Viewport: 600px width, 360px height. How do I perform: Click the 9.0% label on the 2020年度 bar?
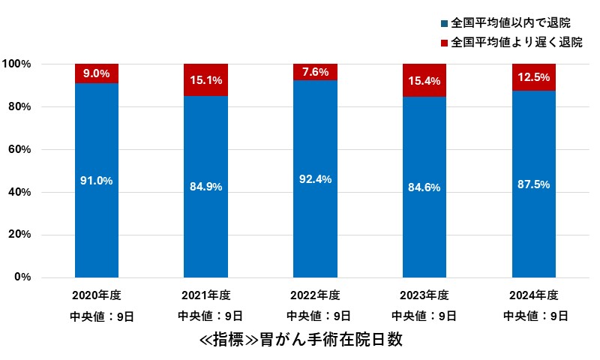(x=97, y=73)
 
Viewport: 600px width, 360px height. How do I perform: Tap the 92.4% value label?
(x=315, y=180)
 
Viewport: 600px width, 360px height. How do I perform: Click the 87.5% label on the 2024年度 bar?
(x=534, y=185)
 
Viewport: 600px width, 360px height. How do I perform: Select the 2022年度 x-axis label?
(x=315, y=294)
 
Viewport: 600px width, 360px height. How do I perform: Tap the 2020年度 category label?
(x=97, y=294)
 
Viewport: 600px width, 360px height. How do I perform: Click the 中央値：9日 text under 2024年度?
(x=534, y=316)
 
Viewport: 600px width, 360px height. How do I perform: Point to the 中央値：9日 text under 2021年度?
(x=205, y=316)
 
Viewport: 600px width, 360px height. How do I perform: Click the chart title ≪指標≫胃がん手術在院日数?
(x=301, y=340)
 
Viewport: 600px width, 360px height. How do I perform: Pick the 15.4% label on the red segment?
(x=424, y=79)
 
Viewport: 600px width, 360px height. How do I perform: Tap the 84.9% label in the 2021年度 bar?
(x=205, y=187)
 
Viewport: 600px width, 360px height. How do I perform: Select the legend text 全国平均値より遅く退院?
(x=517, y=43)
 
